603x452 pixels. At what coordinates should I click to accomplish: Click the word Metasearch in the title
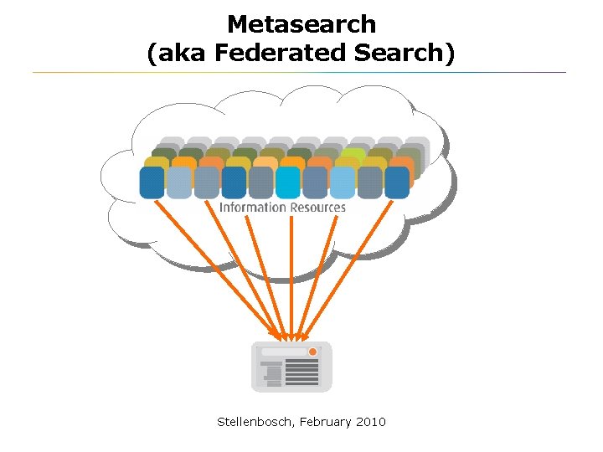click(x=301, y=23)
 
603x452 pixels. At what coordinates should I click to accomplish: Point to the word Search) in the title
click(x=405, y=53)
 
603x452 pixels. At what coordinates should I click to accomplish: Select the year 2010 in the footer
click(x=371, y=422)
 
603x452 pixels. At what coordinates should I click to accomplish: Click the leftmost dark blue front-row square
click(x=152, y=182)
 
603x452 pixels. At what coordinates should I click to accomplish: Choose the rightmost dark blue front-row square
click(x=397, y=182)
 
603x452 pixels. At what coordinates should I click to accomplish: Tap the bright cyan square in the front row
click(x=287, y=182)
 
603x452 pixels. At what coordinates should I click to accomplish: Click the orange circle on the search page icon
click(x=312, y=352)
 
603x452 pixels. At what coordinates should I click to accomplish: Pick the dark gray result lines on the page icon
click(x=301, y=372)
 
